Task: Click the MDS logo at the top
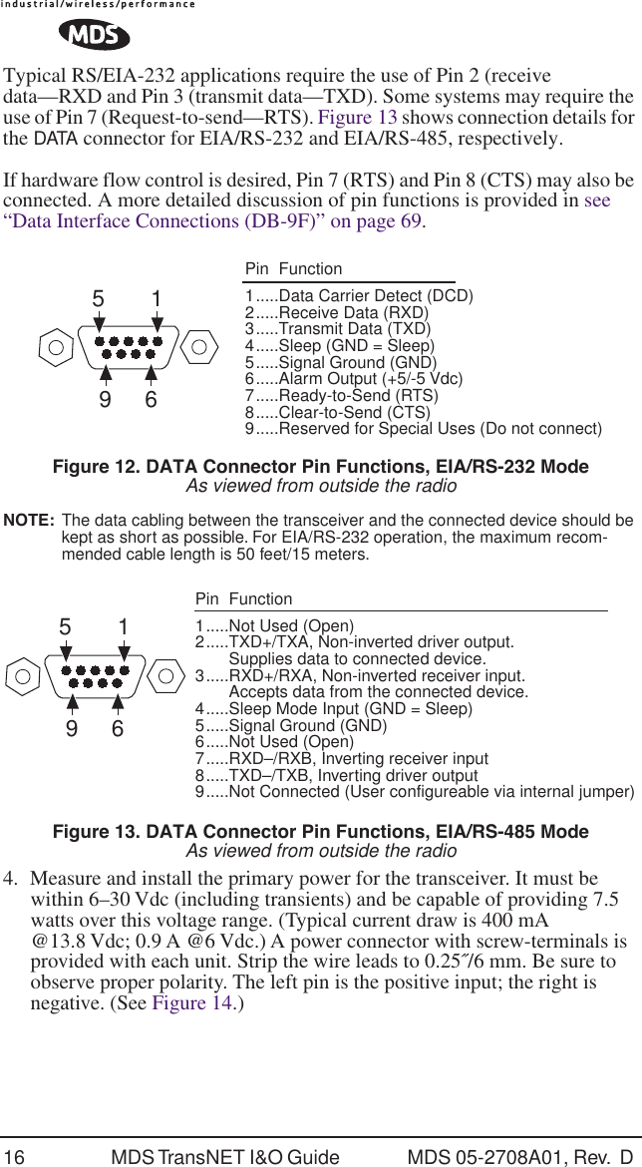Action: (94, 37)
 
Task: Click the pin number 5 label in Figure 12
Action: (98, 298)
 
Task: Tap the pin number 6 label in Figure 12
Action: (152, 400)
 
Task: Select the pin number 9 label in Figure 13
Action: (71, 729)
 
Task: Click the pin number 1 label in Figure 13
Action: (123, 628)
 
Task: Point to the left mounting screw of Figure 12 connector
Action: (56, 348)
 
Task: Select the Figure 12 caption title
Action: (320, 467)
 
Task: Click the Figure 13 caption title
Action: (320, 832)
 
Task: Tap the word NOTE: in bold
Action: (30, 521)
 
